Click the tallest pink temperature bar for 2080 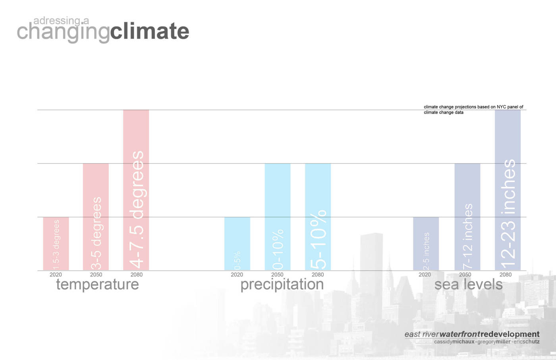tap(136, 190)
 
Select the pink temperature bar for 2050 tap(96, 217)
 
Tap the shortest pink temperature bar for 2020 tap(56, 244)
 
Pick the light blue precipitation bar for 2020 tap(237, 244)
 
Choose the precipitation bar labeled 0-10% tap(277, 217)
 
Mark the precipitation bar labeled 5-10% tap(318, 217)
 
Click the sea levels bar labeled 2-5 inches tap(426, 244)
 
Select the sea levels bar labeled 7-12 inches tap(467, 217)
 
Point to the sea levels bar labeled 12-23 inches tap(508, 190)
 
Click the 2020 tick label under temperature tap(56, 275)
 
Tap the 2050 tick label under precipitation tap(277, 275)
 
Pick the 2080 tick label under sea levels tap(506, 275)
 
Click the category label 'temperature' tap(97, 285)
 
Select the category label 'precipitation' tap(282, 285)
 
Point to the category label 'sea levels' tap(468, 285)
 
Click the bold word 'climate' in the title tap(149, 31)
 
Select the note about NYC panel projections tap(473, 109)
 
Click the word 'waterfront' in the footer tap(459, 334)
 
